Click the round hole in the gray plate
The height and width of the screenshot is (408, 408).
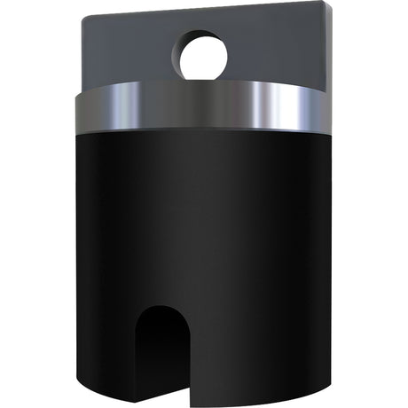(x=205, y=56)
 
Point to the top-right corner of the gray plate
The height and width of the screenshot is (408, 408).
(x=327, y=4)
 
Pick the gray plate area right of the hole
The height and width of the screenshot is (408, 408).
(x=279, y=49)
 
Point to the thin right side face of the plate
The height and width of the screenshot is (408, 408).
(x=331, y=44)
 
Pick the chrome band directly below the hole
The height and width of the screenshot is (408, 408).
(x=205, y=105)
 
